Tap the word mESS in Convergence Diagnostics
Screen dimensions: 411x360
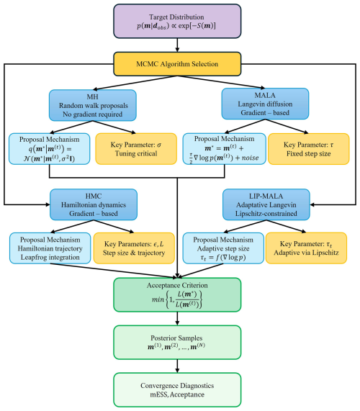(x=158, y=394)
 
